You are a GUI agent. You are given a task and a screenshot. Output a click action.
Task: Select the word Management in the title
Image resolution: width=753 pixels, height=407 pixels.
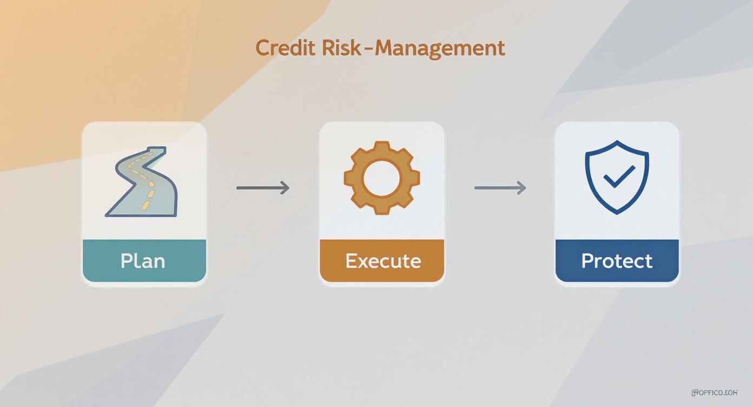[x=439, y=48]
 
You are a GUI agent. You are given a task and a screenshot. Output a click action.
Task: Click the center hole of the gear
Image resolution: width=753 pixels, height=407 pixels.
[x=382, y=178]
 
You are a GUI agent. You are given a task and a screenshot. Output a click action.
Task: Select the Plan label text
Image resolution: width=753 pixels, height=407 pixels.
[x=143, y=261]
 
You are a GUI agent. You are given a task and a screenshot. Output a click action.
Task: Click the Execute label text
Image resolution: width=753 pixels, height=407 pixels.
[x=383, y=261]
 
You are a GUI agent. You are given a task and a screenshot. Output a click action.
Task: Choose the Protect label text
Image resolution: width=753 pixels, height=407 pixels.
[x=617, y=261]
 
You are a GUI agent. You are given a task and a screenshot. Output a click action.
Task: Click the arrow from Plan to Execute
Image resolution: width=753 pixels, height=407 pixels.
[x=263, y=188]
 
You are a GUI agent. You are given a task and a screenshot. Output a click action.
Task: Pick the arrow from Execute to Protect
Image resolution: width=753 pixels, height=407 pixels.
[x=500, y=188]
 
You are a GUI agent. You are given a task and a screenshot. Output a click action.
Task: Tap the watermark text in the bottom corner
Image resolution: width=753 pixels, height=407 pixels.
[x=714, y=392]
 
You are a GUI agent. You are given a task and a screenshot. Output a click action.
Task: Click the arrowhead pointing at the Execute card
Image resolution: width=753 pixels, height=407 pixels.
[x=285, y=188]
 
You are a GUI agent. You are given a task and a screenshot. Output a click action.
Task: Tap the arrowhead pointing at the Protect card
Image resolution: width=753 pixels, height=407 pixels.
[x=522, y=188]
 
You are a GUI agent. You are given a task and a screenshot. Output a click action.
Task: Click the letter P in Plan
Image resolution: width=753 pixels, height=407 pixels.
[x=127, y=261]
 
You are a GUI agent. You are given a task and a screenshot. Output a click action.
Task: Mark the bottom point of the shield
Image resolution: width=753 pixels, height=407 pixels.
[x=617, y=213]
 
